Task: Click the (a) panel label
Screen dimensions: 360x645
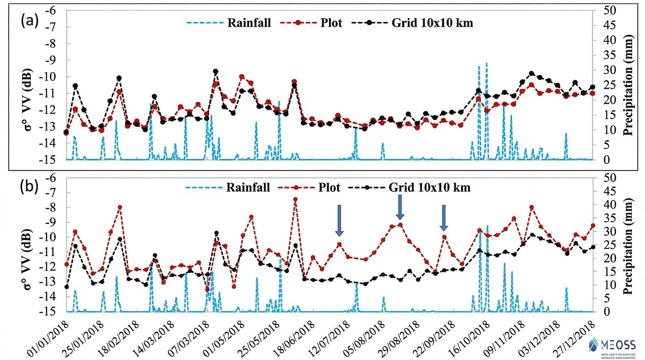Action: point(29,21)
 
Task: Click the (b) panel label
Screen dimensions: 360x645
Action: point(29,187)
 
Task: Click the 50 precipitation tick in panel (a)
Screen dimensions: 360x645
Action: point(609,10)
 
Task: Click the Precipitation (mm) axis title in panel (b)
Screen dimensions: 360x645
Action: point(628,246)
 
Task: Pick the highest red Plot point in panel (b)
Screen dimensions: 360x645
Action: point(295,200)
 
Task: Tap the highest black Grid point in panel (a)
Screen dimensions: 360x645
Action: point(215,72)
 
